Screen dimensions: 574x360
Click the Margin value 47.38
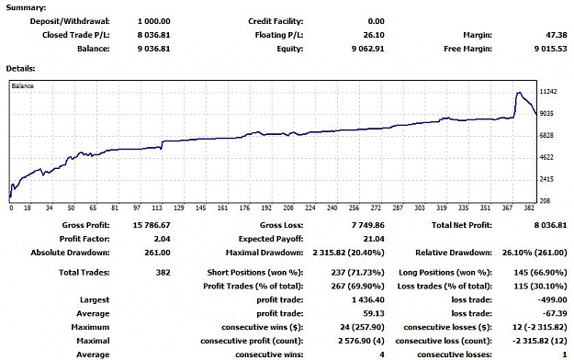click(556, 35)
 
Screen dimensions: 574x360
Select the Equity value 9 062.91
click(368, 49)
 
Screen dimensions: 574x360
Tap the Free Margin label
click(467, 49)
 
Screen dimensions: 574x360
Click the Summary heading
click(26, 7)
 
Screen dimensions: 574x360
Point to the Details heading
click(20, 69)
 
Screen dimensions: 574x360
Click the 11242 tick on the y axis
click(548, 92)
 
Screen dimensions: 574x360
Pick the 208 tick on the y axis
click(546, 201)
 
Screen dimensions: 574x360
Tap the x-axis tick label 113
click(157, 208)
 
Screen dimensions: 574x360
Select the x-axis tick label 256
click(354, 208)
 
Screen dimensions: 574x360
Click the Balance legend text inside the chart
click(22, 85)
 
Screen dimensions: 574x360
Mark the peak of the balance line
click(519, 93)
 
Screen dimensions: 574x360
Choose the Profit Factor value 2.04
click(162, 239)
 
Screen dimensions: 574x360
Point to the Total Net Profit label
click(462, 225)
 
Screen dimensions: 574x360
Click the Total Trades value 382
click(163, 273)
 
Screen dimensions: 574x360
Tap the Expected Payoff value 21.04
click(374, 239)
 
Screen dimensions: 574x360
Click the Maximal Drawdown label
click(264, 253)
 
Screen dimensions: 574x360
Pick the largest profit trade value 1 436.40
click(368, 300)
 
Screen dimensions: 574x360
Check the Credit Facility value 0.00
click(377, 22)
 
